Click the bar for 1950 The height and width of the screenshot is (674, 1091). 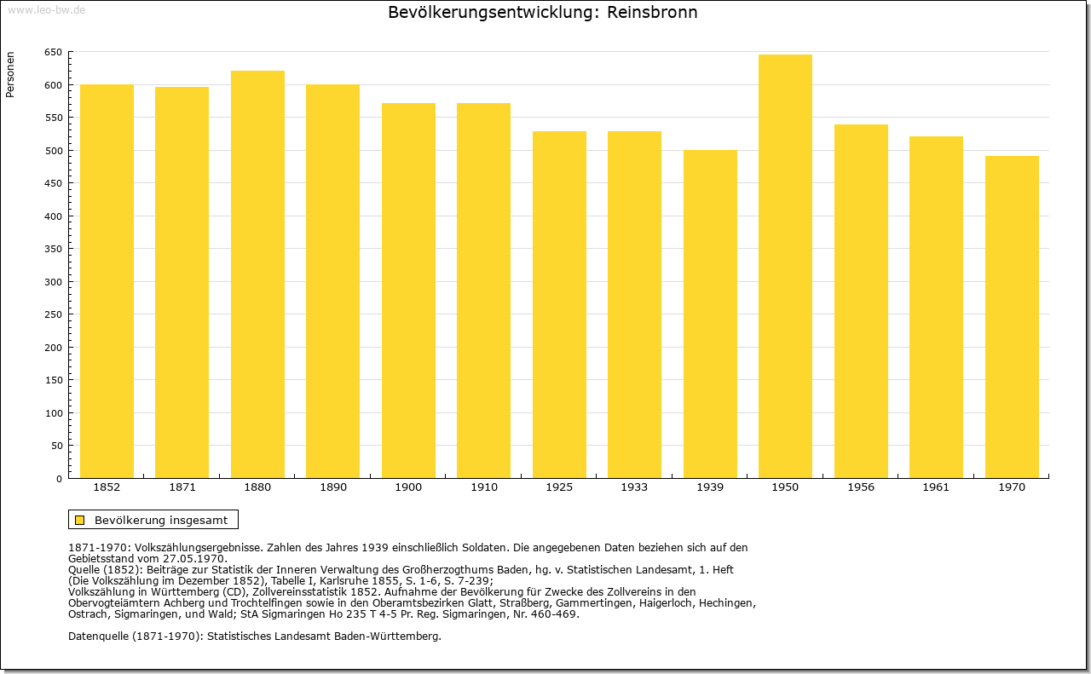pyautogui.click(x=785, y=266)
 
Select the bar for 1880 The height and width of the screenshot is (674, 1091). pyautogui.click(x=257, y=274)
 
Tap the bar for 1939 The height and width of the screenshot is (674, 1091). pyautogui.click(x=710, y=314)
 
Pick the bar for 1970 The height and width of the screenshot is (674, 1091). pyautogui.click(x=1012, y=316)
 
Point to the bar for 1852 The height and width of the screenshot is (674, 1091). pyautogui.click(x=107, y=281)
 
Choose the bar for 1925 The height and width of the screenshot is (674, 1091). pyautogui.click(x=559, y=304)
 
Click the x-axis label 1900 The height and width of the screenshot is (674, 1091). pyautogui.click(x=408, y=487)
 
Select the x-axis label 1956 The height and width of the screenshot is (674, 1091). pyautogui.click(x=861, y=487)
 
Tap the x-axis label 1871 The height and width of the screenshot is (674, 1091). pyautogui.click(x=182, y=487)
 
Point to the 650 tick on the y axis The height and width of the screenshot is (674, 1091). pyautogui.click(x=54, y=52)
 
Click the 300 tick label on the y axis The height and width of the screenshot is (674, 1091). pyautogui.click(x=54, y=282)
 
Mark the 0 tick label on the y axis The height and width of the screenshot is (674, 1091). pyautogui.click(x=59, y=479)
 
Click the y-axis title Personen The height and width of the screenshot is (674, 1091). pyautogui.click(x=10, y=74)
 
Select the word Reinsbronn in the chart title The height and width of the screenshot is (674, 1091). pyautogui.click(x=652, y=12)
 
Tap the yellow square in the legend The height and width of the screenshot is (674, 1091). pyautogui.click(x=80, y=520)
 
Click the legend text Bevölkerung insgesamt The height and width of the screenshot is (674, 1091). pyautogui.click(x=161, y=520)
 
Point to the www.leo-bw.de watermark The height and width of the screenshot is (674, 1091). pyautogui.click(x=47, y=9)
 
